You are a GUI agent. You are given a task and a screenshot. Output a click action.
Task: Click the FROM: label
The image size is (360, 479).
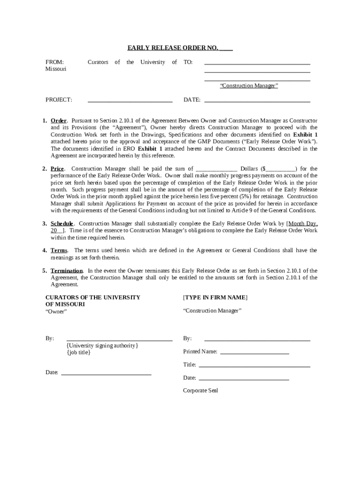click(54, 62)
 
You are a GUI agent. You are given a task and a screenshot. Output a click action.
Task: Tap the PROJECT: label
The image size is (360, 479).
click(58, 100)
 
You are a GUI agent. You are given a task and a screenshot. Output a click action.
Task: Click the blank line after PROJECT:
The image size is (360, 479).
click(130, 101)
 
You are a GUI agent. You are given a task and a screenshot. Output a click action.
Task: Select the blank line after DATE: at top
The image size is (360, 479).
click(257, 101)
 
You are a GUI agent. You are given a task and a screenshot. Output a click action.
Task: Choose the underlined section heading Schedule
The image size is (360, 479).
click(62, 223)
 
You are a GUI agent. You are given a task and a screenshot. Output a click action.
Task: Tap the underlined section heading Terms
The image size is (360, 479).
click(59, 250)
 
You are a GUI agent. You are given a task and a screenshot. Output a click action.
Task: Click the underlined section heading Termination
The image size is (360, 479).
click(67, 270)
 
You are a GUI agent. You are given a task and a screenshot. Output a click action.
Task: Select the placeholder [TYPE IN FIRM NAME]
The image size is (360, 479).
click(215, 298)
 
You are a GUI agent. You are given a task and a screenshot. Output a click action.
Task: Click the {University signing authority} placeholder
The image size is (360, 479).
click(102, 345)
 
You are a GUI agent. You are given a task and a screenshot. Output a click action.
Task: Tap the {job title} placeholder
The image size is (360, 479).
click(79, 352)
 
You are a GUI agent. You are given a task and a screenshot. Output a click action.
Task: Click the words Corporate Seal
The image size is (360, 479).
click(200, 391)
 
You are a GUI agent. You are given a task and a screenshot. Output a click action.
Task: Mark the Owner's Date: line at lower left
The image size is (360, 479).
click(106, 373)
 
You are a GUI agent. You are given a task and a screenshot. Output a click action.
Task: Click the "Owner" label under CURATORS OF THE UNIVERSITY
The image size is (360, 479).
click(56, 312)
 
